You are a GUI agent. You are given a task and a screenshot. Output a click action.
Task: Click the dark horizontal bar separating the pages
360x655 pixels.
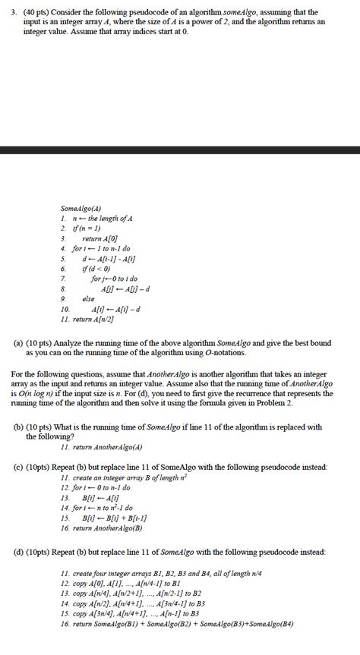pyautogui.click(x=180, y=150)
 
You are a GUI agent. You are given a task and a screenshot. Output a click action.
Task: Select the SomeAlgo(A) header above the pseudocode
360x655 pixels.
pyautogui.click(x=81, y=208)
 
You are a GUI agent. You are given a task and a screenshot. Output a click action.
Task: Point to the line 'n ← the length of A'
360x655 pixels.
pyautogui.click(x=99, y=219)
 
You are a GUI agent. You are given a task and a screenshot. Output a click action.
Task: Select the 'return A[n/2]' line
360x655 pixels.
pyautogui.click(x=96, y=319)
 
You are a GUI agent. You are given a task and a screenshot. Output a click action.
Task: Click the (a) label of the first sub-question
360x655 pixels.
pyautogui.click(x=18, y=343)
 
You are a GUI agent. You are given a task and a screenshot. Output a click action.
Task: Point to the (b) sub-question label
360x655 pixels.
pyautogui.click(x=18, y=427)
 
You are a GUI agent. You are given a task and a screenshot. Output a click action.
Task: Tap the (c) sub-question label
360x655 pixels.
pyautogui.click(x=18, y=468)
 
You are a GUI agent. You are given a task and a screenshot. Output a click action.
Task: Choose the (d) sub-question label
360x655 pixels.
pyautogui.click(x=18, y=551)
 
